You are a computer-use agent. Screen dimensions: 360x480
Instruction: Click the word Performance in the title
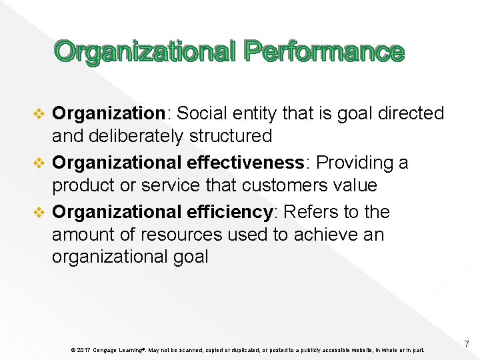(x=324, y=51)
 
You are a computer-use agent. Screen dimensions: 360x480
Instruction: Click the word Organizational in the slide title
(x=145, y=51)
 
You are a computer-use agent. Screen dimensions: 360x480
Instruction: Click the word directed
(x=410, y=113)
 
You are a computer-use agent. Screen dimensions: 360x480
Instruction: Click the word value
(x=355, y=185)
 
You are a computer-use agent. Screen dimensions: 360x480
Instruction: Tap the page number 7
(x=467, y=344)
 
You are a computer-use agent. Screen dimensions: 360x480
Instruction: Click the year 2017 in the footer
(x=83, y=350)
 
